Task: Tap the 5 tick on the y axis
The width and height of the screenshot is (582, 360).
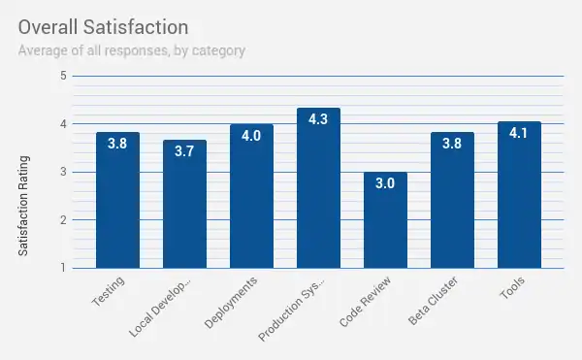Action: [63, 76]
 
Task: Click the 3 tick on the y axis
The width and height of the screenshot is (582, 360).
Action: [63, 172]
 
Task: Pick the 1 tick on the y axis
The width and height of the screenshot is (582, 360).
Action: [63, 268]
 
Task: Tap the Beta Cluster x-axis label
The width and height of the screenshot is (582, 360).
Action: [432, 301]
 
